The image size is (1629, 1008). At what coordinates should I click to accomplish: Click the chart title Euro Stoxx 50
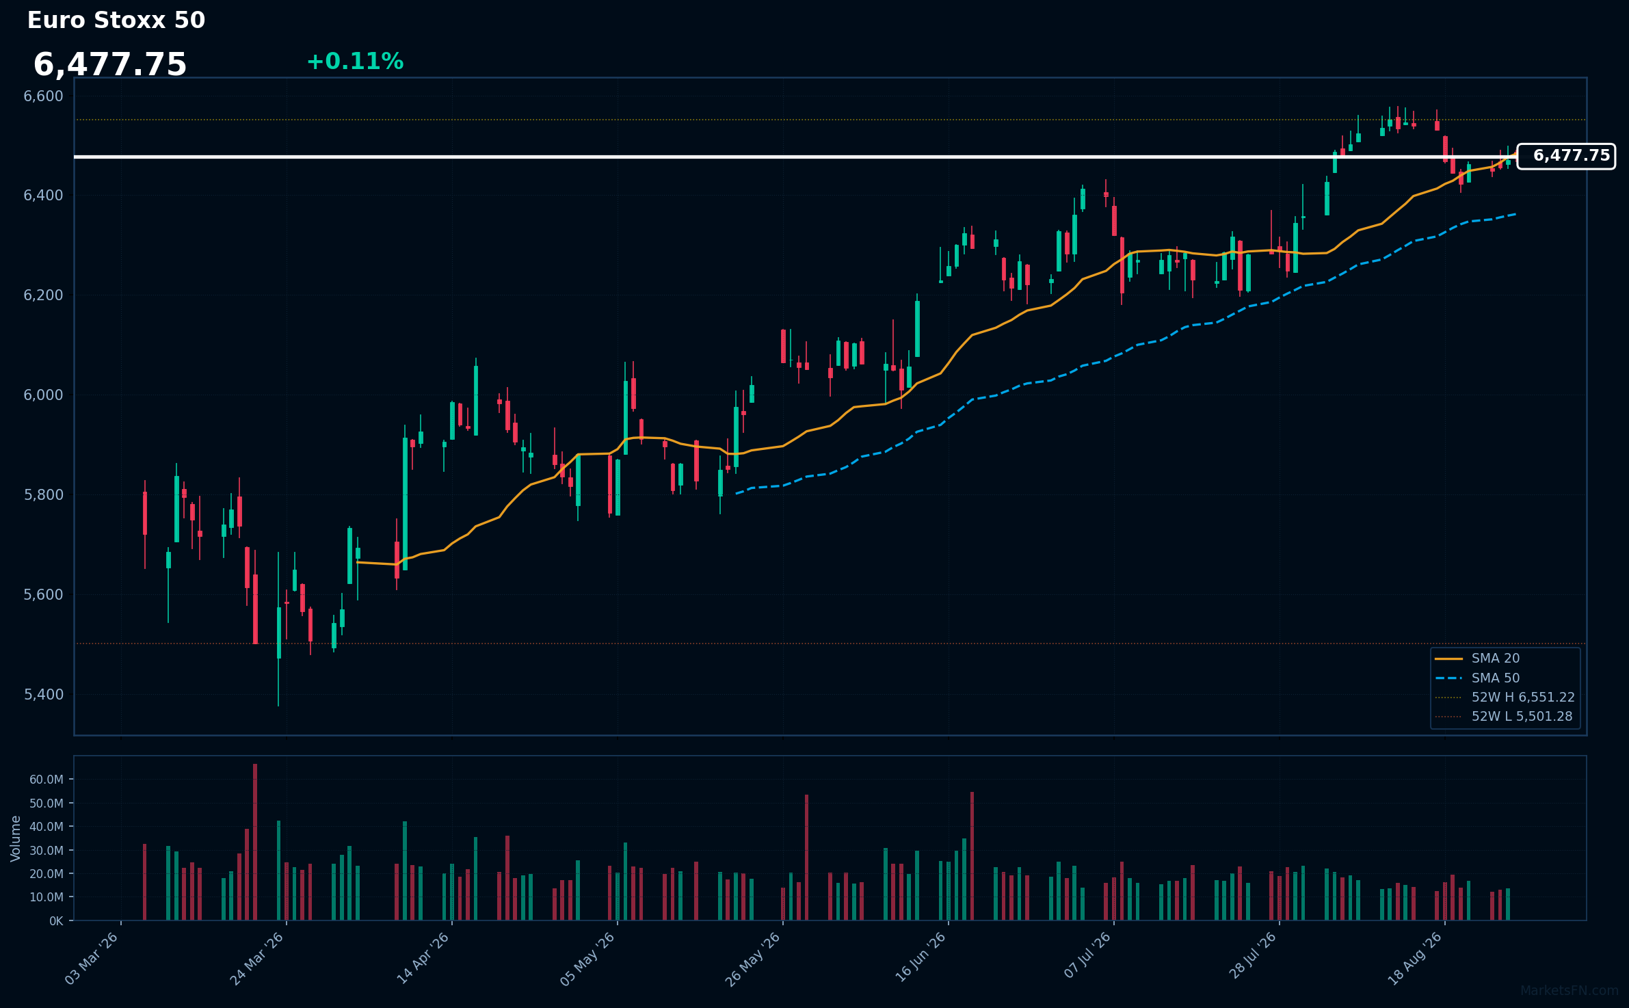(x=116, y=21)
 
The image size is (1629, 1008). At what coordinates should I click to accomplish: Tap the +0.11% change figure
(x=355, y=62)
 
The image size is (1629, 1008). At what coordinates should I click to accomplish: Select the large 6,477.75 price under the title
(x=110, y=65)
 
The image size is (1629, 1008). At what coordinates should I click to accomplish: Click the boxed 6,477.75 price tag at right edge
(x=1566, y=156)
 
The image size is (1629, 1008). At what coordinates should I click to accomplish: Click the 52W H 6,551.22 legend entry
(x=1505, y=698)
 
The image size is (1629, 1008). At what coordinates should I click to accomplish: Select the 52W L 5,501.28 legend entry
(x=1504, y=717)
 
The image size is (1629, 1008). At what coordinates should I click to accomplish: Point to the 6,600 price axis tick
(x=44, y=96)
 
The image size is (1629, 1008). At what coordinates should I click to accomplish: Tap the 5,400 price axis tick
(x=44, y=695)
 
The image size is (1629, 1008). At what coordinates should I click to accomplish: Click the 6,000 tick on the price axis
(x=44, y=395)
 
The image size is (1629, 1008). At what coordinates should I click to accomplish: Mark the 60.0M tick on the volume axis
(x=47, y=780)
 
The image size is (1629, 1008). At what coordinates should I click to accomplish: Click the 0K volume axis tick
(x=56, y=921)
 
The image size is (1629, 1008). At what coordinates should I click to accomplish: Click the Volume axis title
(x=16, y=838)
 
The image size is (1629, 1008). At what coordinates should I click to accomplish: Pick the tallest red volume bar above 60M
(x=255, y=842)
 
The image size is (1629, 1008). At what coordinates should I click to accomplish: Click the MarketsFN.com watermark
(x=1570, y=991)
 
